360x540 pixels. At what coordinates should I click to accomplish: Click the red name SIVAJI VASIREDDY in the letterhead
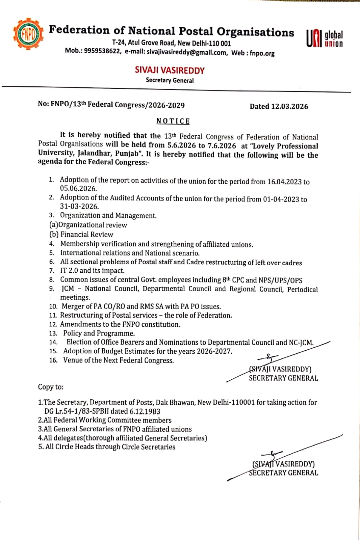(x=170, y=70)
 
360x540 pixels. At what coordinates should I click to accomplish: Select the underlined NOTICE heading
(x=173, y=121)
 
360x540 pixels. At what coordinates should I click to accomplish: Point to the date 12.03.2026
(x=289, y=106)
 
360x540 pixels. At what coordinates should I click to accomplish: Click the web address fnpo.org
(x=262, y=53)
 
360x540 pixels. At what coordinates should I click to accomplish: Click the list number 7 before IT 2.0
(x=52, y=271)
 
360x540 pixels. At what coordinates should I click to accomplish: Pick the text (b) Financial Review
(x=81, y=234)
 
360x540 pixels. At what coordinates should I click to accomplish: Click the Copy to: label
(x=51, y=387)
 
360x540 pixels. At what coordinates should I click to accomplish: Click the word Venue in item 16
(x=73, y=360)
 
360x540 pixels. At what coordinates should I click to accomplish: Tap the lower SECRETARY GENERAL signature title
(x=283, y=473)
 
